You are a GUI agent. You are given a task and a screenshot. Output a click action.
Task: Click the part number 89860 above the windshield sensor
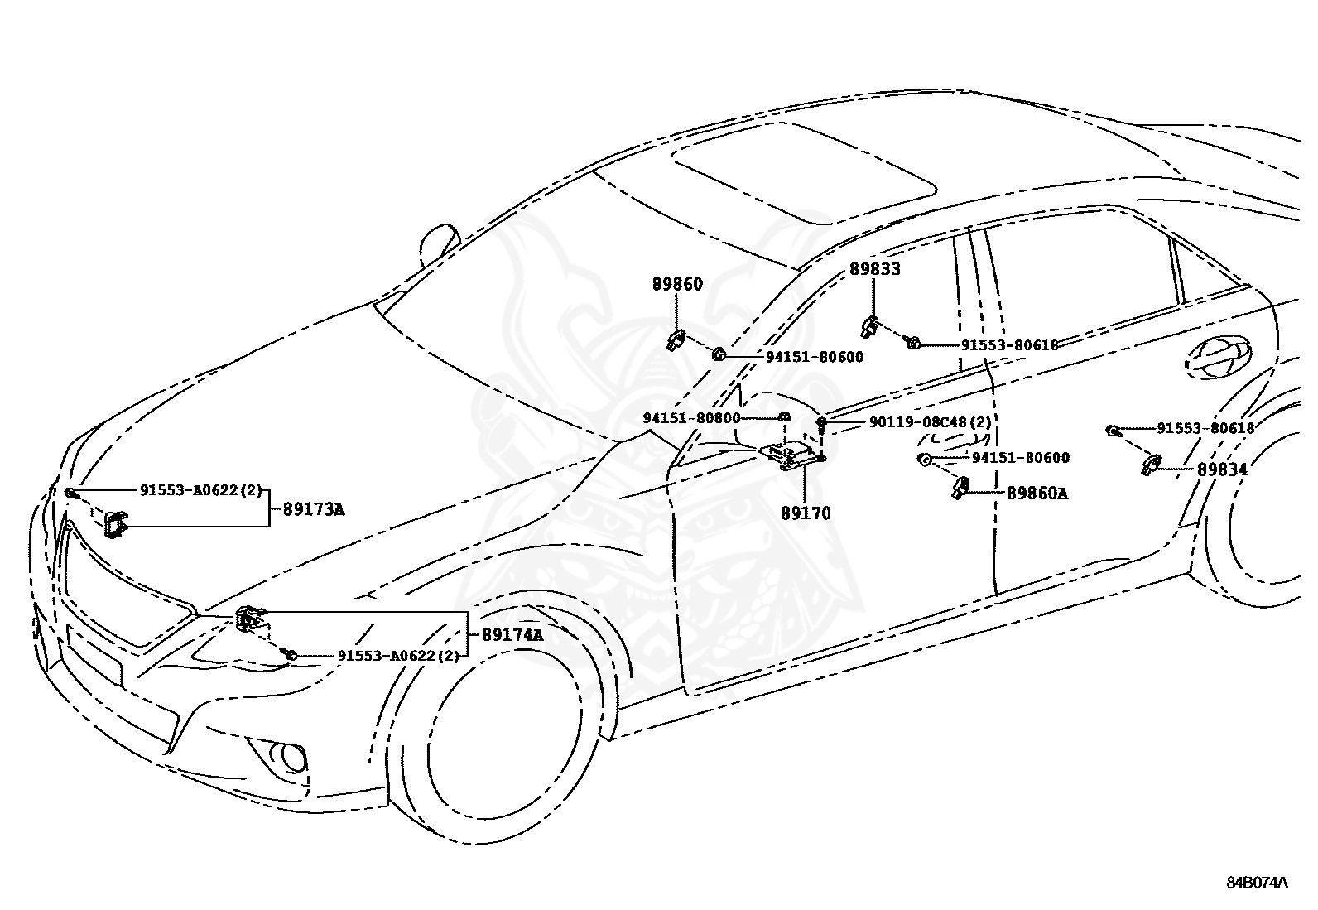[677, 284]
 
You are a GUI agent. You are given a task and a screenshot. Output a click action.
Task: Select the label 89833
[875, 269]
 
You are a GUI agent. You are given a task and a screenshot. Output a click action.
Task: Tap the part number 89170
[806, 513]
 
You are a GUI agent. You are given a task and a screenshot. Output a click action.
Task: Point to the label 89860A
[1037, 494]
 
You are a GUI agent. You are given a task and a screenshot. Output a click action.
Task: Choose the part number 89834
[1222, 469]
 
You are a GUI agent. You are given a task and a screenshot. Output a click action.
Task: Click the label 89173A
[314, 509]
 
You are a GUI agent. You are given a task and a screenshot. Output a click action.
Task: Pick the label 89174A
[512, 634]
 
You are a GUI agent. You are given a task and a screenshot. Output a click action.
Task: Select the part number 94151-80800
[691, 418]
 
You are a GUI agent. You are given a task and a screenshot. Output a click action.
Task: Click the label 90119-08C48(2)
[931, 422]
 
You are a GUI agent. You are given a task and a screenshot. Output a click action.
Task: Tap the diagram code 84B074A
[1257, 883]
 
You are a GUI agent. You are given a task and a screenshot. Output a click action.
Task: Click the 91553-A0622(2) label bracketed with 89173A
[200, 489]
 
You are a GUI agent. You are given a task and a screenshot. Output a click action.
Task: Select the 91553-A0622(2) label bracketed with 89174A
[398, 656]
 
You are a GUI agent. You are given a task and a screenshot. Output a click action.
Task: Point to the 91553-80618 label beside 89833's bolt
[1010, 345]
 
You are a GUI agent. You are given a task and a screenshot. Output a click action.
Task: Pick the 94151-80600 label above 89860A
[1020, 457]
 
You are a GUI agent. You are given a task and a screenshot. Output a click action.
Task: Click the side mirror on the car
[438, 243]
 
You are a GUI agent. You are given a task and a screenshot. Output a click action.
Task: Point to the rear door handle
[1219, 357]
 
